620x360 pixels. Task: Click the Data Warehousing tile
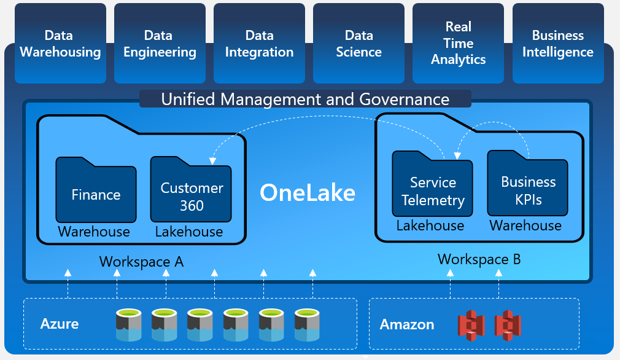tap(60, 44)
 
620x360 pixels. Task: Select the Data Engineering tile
tap(160, 44)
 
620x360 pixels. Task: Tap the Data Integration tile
tap(259, 44)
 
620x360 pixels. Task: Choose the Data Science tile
tap(358, 44)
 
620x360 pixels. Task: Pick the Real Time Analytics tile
tap(458, 44)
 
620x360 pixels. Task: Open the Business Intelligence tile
tap(557, 44)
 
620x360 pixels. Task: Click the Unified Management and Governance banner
tap(305, 99)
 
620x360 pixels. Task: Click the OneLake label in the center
tap(308, 193)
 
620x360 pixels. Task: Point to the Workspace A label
tap(141, 262)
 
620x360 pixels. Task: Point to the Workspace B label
tap(479, 259)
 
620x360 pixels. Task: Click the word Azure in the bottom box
tap(60, 324)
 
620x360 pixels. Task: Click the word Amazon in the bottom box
tap(406, 324)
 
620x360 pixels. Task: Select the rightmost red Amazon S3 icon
tap(508, 325)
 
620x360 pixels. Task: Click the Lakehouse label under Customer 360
tap(188, 232)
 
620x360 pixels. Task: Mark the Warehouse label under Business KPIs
tap(525, 225)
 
